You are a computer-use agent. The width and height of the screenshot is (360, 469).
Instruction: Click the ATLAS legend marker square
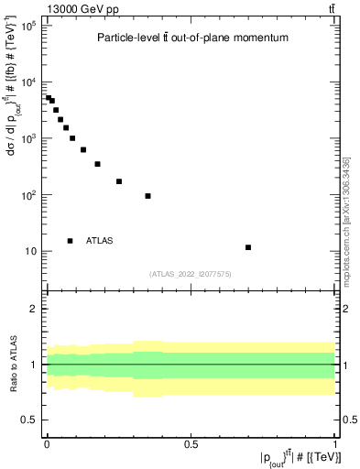[71, 241]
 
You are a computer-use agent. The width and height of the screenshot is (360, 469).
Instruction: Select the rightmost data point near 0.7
[248, 247]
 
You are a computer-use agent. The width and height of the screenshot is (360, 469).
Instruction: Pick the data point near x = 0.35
[147, 196]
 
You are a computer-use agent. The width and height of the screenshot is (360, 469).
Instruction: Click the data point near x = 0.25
[119, 181]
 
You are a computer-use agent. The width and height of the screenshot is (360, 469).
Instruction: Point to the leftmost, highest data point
[49, 97]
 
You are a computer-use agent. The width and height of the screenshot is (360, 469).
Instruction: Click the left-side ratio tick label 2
[33, 308]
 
